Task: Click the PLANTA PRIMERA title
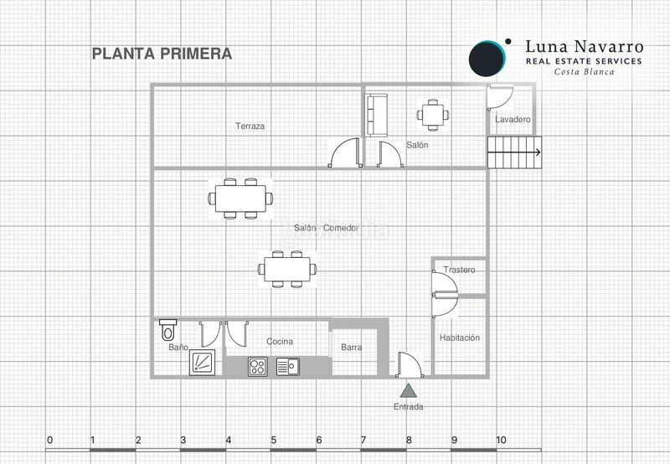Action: [162, 54]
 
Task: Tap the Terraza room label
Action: [250, 126]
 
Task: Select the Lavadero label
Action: [513, 119]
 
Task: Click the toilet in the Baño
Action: [168, 330]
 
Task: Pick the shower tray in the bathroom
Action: [203, 363]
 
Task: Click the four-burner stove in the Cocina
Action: [258, 367]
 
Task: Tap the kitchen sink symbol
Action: [288, 367]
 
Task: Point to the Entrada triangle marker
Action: [408, 390]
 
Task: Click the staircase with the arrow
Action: [514, 152]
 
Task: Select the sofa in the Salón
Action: [376, 116]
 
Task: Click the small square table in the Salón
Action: [433, 115]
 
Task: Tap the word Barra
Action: [351, 348]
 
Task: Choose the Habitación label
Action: [460, 338]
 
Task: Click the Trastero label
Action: [459, 270]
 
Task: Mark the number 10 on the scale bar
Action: [501, 440]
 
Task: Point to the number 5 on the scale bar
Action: [274, 440]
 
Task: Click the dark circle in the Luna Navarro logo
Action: [487, 59]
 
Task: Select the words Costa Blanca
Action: [584, 72]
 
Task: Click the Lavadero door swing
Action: [500, 97]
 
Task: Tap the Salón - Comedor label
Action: [327, 228]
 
